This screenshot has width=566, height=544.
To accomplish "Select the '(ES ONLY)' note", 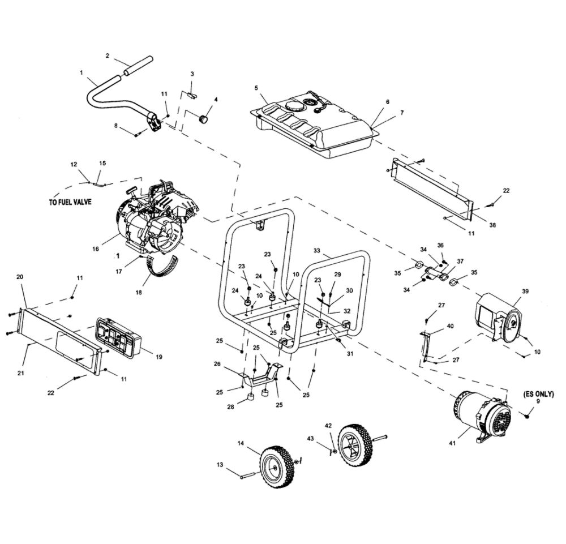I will [x=538, y=393].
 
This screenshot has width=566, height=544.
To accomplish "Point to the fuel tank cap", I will [x=295, y=105].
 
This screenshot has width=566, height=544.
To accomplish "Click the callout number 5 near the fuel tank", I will [x=256, y=88].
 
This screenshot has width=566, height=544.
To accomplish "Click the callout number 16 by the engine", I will [x=95, y=249].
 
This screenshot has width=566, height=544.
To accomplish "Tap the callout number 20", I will [x=20, y=277].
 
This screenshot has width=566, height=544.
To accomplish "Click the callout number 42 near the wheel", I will [x=328, y=425].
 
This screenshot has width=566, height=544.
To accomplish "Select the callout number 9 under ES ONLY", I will [x=538, y=401].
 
